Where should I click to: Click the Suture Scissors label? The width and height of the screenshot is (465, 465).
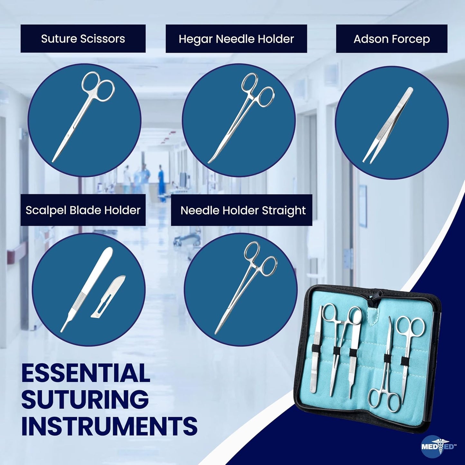point(83,39)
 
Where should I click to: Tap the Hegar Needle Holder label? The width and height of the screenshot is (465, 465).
point(236,39)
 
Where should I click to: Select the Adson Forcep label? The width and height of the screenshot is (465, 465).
point(392,39)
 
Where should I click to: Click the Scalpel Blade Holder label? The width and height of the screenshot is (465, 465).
point(83,210)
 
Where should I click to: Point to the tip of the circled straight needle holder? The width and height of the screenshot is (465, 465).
point(216,333)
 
